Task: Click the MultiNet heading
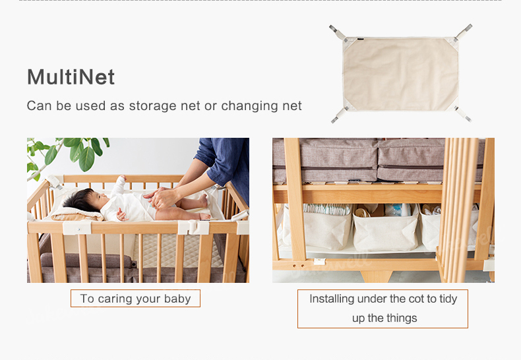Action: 71,77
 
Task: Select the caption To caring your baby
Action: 135,299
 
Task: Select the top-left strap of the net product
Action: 338,32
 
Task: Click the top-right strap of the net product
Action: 464,32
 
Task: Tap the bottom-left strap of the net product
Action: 340,115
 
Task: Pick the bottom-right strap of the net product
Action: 462,114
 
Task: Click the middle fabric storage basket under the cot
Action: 385,229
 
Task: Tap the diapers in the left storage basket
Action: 326,209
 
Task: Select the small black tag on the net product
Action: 361,39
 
